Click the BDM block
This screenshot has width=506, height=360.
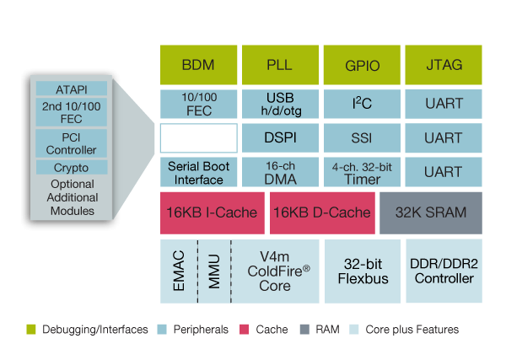click(x=199, y=65)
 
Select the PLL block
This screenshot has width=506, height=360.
click(x=280, y=65)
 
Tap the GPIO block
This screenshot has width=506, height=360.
click(x=362, y=65)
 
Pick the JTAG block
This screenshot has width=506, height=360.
click(x=444, y=65)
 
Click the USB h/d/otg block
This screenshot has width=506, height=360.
click(x=280, y=104)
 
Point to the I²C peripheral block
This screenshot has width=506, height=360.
click(x=362, y=104)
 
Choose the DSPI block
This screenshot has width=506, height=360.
click(x=280, y=137)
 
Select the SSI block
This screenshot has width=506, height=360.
click(x=362, y=137)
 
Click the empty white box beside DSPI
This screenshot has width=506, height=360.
click(x=199, y=137)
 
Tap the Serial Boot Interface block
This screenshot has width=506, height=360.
click(x=199, y=172)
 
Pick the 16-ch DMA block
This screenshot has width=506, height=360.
click(x=280, y=172)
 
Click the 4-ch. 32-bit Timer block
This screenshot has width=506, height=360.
click(x=362, y=172)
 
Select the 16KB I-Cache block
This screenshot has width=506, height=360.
click(x=212, y=212)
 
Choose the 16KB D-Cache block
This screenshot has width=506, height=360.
click(x=321, y=212)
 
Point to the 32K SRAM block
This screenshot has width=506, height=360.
click(x=433, y=212)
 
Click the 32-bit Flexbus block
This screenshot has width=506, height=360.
click(x=362, y=271)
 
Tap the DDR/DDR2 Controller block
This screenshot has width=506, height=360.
click(x=444, y=271)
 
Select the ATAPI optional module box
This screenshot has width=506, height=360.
click(x=72, y=89)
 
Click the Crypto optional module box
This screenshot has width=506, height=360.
click(x=72, y=168)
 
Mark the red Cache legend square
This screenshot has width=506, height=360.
click(x=245, y=329)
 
